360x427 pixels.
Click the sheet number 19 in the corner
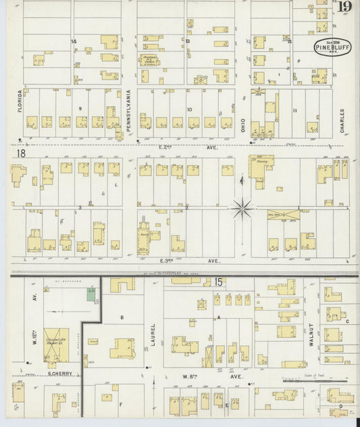point(344,7)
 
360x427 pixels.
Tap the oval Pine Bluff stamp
point(332,47)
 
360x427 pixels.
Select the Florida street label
point(20,99)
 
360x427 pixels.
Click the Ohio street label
point(244,121)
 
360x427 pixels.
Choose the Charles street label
point(343,120)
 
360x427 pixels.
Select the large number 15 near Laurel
point(218,281)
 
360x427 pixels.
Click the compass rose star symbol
point(242,207)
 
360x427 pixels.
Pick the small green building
point(91,295)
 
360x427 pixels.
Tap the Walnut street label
point(311,334)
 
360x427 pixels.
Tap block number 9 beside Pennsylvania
point(80,108)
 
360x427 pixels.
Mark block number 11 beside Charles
point(294,109)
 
